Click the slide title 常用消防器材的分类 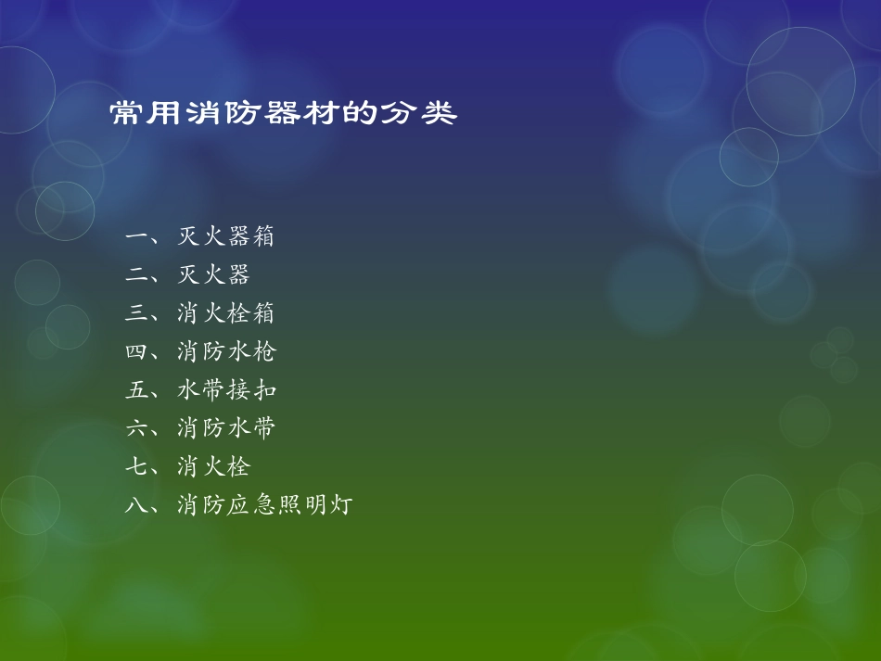[284, 114]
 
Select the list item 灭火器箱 [226, 237]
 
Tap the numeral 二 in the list [136, 275]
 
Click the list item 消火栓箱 [226, 314]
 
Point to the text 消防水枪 [226, 352]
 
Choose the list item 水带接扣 [226, 390]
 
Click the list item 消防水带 [226, 428]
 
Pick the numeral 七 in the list [136, 466]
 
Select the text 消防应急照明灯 [265, 505]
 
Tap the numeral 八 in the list [136, 505]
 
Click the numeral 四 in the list [136, 352]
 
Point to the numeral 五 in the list [136, 390]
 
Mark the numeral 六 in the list [136, 428]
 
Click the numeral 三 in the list [136, 314]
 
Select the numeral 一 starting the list [136, 237]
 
